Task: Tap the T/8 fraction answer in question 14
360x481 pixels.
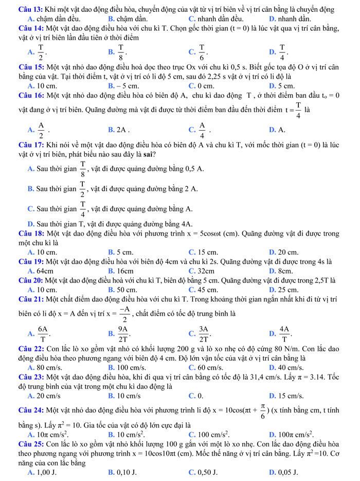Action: pos(122,51)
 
